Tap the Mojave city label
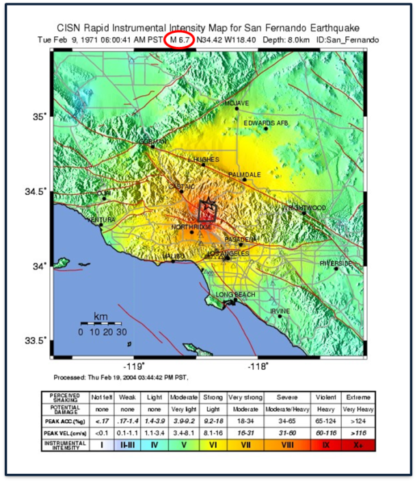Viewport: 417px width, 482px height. (237, 103)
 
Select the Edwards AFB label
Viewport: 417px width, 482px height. (265, 123)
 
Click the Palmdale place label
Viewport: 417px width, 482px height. (244, 175)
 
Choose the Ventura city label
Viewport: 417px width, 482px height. (99, 219)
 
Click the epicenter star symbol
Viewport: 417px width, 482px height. (207, 209)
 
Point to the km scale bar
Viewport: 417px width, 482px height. (102, 322)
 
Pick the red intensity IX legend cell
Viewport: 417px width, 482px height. (324, 445)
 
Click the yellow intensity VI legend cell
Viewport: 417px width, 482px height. (213, 445)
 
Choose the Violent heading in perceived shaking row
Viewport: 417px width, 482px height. (324, 397)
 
